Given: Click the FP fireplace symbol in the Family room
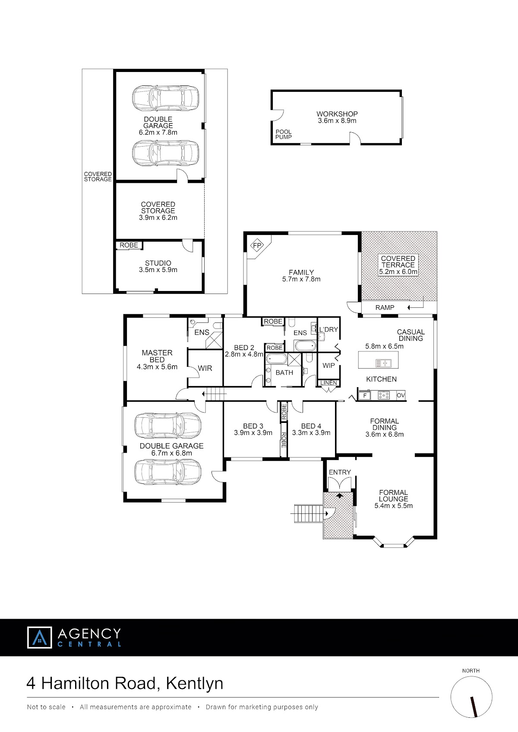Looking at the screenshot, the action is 258,245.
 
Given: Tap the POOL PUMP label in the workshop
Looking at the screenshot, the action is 283,135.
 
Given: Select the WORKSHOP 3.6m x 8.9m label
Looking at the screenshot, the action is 337,117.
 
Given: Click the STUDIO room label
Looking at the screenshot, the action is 158,263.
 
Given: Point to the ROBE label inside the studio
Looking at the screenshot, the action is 129,245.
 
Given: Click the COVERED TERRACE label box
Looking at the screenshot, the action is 398,265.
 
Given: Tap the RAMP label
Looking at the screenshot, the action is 385,307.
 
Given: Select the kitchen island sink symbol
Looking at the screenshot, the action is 383,363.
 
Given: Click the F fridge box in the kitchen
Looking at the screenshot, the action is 364,395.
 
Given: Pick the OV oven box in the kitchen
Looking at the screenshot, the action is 401,395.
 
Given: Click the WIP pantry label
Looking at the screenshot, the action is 328,365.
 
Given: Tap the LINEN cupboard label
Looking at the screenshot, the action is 328,383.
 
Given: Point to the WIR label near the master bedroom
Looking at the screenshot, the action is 205,368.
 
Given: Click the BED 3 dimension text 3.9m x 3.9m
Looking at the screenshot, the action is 253,433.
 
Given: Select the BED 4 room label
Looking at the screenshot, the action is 311,426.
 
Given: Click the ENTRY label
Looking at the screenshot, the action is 340,472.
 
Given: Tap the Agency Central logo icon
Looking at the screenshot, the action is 39,637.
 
